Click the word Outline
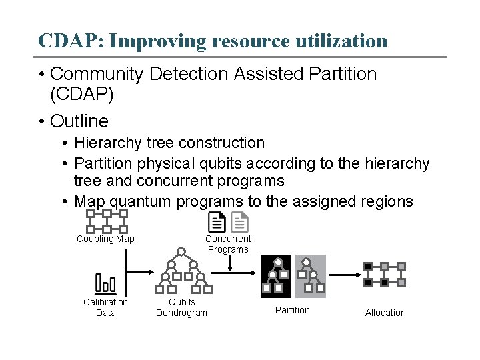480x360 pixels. click(x=79, y=121)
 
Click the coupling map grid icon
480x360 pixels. click(x=107, y=221)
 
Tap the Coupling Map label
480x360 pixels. click(x=105, y=239)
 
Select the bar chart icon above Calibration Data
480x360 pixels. click(x=105, y=283)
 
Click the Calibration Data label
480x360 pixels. click(x=105, y=307)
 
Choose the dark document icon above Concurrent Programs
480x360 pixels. click(x=217, y=222)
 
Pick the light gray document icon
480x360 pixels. click(x=239, y=222)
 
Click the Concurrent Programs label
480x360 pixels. click(x=228, y=244)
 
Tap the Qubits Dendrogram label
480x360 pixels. click(x=181, y=307)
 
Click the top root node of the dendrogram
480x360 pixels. click(x=181, y=252)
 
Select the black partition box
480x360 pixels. click(x=276, y=276)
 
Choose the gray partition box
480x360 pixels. click(x=311, y=276)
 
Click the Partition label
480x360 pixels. click(x=293, y=310)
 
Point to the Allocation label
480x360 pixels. click(x=385, y=313)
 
